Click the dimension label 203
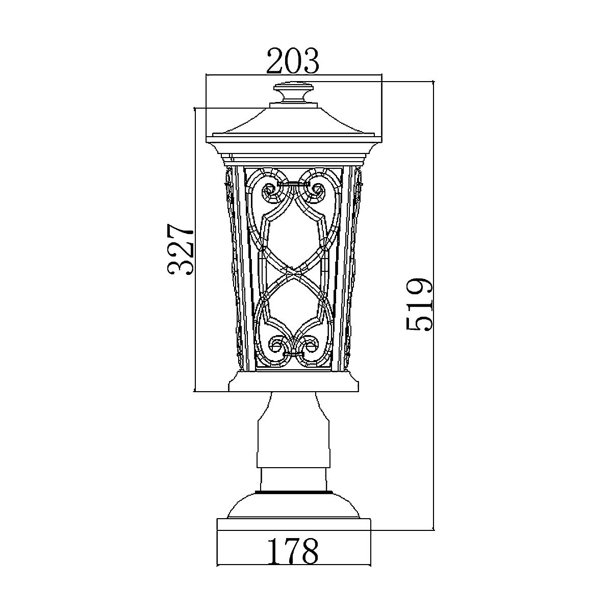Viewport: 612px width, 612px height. [293, 61]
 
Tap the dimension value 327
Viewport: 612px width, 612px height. [181, 249]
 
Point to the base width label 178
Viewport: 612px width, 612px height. [293, 550]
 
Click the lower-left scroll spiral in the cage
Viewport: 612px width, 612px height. [278, 346]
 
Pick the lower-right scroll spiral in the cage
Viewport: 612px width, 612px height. [310, 346]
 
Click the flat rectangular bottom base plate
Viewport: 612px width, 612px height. [294, 525]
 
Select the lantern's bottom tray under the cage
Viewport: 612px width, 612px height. [294, 381]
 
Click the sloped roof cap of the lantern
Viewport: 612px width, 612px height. [294, 122]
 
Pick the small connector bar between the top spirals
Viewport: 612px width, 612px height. [294, 183]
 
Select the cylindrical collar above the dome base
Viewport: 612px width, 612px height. [294, 479]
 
